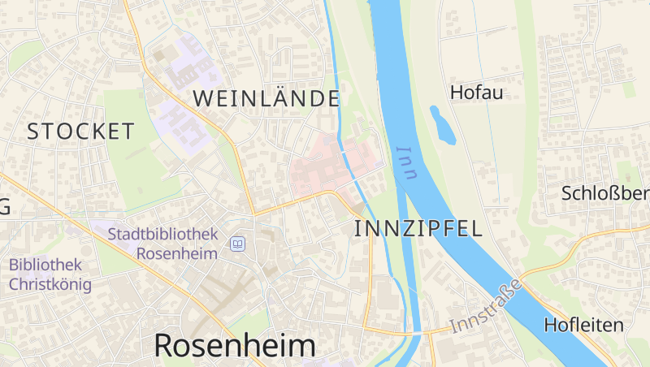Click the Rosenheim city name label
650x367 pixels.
tap(234, 345)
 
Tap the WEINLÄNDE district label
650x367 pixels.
tap(266, 99)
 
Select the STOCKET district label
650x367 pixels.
tap(80, 131)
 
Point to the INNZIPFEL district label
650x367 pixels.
tap(418, 228)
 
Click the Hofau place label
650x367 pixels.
tap(476, 93)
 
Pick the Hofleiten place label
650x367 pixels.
tap(583, 326)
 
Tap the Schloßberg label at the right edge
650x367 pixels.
tap(605, 193)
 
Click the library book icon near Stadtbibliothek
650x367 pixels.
tap(238, 244)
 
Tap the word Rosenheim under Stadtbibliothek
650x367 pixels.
tap(177, 253)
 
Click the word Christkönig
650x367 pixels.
tap(50, 284)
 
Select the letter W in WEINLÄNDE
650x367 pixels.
tap(203, 99)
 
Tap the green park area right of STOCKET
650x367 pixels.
tap(134, 162)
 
